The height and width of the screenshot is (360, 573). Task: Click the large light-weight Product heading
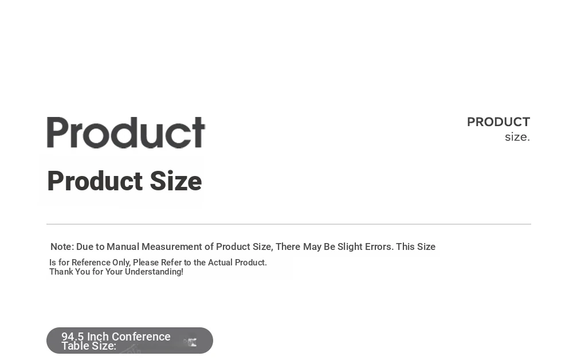click(126, 132)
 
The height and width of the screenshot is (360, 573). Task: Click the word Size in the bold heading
click(176, 181)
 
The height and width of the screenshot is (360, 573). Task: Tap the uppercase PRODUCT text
click(499, 122)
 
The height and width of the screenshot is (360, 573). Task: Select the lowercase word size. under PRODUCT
click(517, 137)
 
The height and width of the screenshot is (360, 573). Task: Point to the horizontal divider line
click(289, 224)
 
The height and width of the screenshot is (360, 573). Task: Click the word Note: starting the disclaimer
click(62, 246)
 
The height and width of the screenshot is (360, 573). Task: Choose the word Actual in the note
click(220, 263)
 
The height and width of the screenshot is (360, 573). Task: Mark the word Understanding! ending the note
click(154, 272)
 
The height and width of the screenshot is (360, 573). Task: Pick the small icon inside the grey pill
click(190, 342)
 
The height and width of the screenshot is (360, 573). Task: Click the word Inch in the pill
click(98, 336)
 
